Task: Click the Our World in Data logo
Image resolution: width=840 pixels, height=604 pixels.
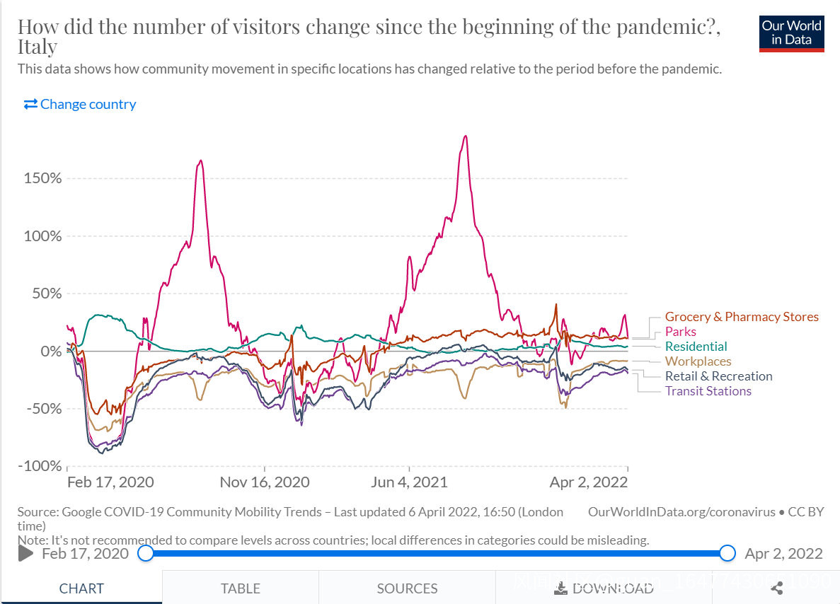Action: pos(791,33)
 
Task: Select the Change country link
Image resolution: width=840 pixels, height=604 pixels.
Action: pos(80,104)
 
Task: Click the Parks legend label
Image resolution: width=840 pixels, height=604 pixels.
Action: pos(680,332)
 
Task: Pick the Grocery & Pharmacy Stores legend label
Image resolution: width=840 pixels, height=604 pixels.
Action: pos(742,317)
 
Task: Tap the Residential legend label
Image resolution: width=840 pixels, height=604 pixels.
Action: pos(696,347)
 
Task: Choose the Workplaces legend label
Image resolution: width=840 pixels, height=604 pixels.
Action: pos(698,361)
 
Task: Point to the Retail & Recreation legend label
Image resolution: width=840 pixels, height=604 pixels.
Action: pos(718,376)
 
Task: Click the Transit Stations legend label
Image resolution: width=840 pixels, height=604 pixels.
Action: pos(708,391)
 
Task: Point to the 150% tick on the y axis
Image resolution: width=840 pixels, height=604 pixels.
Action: pos(43,178)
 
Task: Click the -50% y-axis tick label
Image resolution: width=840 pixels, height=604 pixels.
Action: pos(43,409)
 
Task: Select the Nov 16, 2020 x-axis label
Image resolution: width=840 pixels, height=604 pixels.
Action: pos(265,482)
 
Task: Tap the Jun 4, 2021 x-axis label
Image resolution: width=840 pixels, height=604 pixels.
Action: pos(409,482)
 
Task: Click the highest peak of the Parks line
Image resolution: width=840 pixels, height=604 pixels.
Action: pos(465,136)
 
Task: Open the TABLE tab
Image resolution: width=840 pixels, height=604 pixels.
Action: pos(240,588)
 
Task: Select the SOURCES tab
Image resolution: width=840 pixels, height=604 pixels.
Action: pos(407,588)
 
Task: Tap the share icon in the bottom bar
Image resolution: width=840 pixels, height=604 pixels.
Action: pos(776,588)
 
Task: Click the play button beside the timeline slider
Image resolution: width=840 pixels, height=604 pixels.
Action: pos(25,553)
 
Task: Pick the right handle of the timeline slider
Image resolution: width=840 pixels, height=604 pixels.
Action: pos(727,553)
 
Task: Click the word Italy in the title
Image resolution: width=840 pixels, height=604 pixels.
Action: pos(38,47)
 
